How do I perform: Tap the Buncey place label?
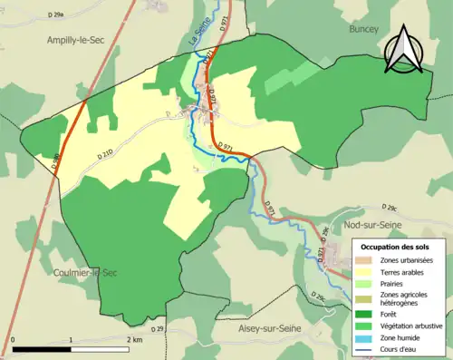[365, 29]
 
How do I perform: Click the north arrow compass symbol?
[401, 51]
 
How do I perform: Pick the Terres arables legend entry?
[403, 271]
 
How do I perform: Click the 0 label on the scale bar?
[14, 339]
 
